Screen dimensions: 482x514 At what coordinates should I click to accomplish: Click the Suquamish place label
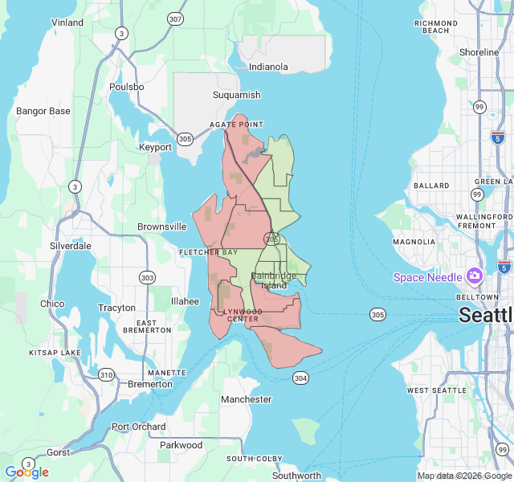[236, 95]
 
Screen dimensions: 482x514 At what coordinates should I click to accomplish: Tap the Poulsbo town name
[126, 87]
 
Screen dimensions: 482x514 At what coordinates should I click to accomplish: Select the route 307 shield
[175, 18]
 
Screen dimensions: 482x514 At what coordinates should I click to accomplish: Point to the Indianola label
[268, 67]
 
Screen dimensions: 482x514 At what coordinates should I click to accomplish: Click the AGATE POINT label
[236, 125]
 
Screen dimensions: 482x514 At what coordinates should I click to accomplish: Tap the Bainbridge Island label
[274, 280]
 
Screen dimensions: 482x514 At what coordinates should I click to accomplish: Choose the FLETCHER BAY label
[208, 252]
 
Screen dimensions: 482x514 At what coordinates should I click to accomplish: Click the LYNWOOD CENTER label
[242, 315]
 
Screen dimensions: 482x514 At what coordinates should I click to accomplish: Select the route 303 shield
[147, 277]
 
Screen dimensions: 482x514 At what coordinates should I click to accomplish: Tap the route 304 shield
[300, 378]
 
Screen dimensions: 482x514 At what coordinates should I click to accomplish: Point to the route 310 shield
[106, 374]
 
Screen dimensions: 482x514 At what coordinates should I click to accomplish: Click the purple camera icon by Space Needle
[474, 276]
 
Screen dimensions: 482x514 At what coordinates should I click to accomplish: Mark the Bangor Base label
[43, 111]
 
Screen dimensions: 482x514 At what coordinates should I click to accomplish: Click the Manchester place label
[246, 399]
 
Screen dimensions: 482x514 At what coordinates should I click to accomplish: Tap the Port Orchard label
[139, 427]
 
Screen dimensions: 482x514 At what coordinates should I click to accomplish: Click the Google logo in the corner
[27, 472]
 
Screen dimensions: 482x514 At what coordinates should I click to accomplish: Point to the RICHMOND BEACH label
[436, 27]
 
